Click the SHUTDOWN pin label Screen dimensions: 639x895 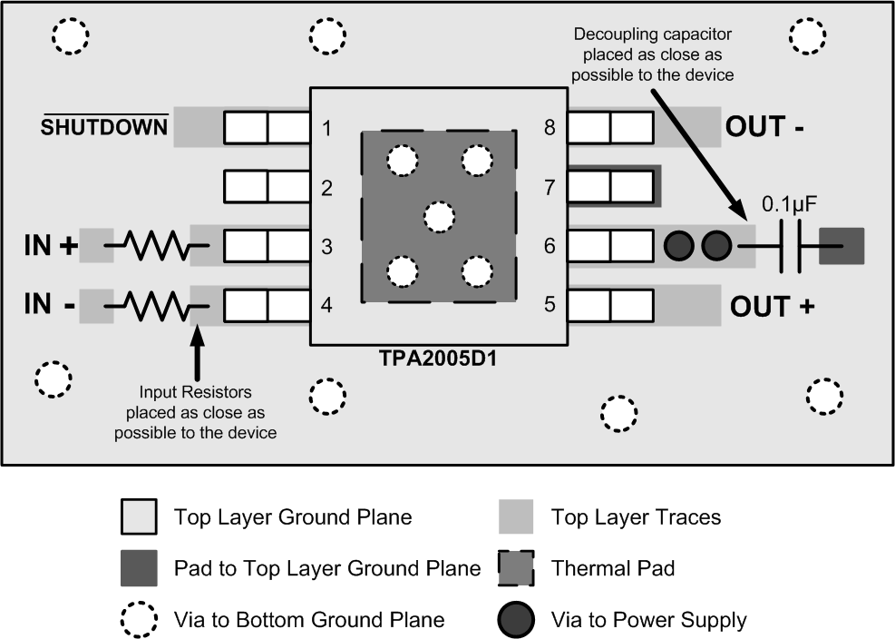(105, 127)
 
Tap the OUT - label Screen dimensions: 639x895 (764, 127)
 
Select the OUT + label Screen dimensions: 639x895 (772, 307)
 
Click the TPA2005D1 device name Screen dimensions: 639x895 (439, 358)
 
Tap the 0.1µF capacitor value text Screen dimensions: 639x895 (790, 205)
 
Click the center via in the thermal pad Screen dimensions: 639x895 (439, 216)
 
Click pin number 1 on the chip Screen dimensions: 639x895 (326, 128)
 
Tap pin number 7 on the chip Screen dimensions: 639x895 (550, 188)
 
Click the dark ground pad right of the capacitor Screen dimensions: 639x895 (841, 246)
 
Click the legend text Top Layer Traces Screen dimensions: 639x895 (637, 517)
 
